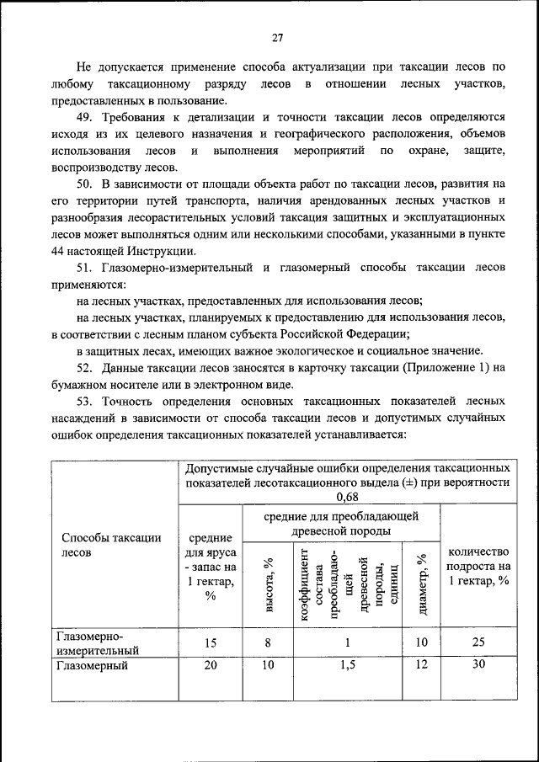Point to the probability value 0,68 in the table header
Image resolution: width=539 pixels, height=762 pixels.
pyautogui.click(x=347, y=498)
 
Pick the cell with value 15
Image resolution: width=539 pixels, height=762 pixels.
pyautogui.click(x=211, y=642)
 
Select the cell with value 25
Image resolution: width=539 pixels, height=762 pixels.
pyautogui.click(x=478, y=642)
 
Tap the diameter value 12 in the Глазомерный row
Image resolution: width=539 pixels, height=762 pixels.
pyautogui.click(x=421, y=665)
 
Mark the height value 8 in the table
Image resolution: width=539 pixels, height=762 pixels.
pyautogui.click(x=268, y=642)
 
